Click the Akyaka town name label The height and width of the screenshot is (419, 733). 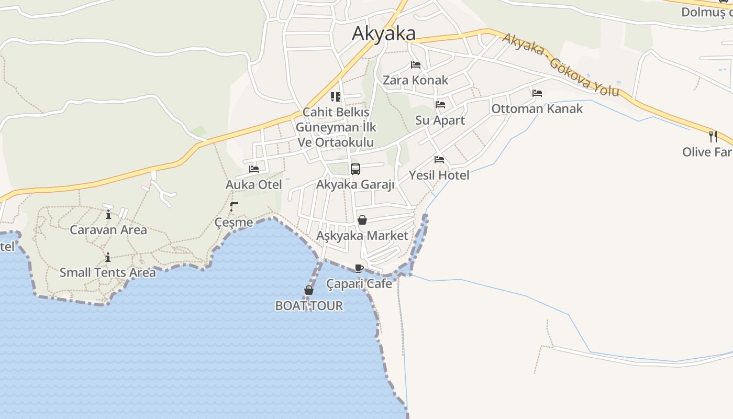click(x=384, y=34)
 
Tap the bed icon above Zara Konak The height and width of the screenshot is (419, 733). click(x=416, y=65)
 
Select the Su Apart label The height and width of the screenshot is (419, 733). click(x=440, y=120)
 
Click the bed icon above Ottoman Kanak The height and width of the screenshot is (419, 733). click(x=537, y=93)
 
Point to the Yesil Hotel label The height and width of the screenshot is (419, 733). click(x=439, y=175)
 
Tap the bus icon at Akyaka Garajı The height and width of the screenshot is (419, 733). click(x=356, y=169)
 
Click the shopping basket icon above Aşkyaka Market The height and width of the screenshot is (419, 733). click(x=362, y=220)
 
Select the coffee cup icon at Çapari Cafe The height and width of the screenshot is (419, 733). click(x=359, y=269)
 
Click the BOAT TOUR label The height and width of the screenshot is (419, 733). click(x=309, y=306)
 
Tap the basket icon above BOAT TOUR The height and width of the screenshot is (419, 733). click(x=309, y=290)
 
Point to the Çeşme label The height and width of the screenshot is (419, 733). click(x=234, y=223)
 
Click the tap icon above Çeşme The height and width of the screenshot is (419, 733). click(x=234, y=206)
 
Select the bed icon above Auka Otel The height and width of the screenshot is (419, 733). click(x=254, y=169)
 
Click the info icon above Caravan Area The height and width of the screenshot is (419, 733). click(x=108, y=214)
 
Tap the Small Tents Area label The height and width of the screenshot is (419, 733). click(x=107, y=272)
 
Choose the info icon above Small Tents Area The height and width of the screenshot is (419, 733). click(x=108, y=257)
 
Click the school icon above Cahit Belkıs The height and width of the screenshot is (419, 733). click(x=336, y=96)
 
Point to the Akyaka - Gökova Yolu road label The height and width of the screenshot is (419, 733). click(x=560, y=65)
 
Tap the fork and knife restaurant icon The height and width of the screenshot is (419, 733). click(x=713, y=136)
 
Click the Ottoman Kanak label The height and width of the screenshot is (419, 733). click(x=537, y=109)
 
